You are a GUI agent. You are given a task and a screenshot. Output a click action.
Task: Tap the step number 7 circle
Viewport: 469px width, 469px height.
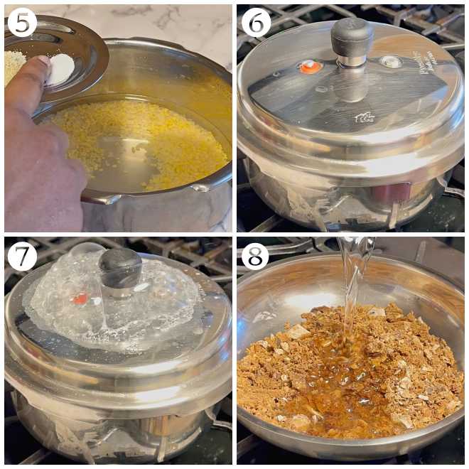tap(21, 256)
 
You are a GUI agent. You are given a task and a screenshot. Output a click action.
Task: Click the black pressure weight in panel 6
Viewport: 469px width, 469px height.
tap(352, 38)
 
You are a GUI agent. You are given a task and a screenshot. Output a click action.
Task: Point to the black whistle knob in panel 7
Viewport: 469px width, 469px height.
tap(120, 267)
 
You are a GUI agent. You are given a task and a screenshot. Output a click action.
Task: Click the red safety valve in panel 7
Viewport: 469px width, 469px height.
tap(80, 298)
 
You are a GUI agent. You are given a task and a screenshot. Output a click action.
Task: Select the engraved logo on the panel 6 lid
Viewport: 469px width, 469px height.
tap(365, 118)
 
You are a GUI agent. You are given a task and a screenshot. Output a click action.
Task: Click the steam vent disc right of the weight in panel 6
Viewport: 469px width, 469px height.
tap(390, 62)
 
